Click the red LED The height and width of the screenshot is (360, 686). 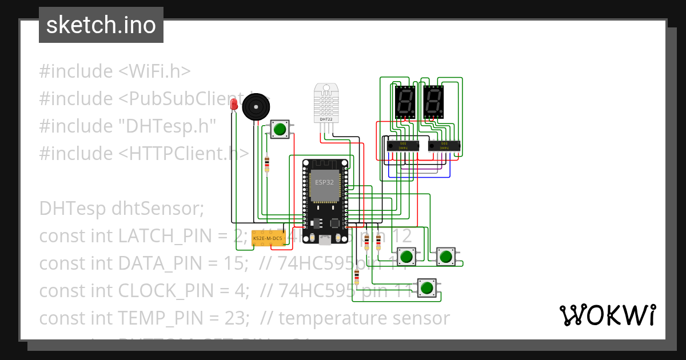pyautogui.click(x=233, y=104)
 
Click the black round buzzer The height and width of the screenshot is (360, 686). pyautogui.click(x=255, y=107)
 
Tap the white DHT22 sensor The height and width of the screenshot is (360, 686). pyautogui.click(x=327, y=104)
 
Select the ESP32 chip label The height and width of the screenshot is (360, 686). pyautogui.click(x=324, y=183)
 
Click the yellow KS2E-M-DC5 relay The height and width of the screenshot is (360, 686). pyautogui.click(x=268, y=238)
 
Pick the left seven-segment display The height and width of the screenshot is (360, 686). pyautogui.click(x=405, y=103)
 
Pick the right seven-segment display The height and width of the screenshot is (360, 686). pyautogui.click(x=433, y=103)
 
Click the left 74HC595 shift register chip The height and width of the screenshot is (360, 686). pyautogui.click(x=403, y=146)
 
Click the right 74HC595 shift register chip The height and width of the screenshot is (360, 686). pyautogui.click(x=444, y=146)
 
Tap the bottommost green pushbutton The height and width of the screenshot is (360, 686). pyautogui.click(x=426, y=288)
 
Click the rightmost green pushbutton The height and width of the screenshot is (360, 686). pyautogui.click(x=446, y=257)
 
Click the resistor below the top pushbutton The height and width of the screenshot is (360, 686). pyautogui.click(x=267, y=165)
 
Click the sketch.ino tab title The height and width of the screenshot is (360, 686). pyautogui.click(x=101, y=25)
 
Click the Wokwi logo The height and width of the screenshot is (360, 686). pyautogui.click(x=607, y=315)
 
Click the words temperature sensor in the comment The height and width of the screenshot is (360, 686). pyautogui.click(x=364, y=318)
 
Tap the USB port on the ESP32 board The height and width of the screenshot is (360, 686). pyautogui.click(x=325, y=241)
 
